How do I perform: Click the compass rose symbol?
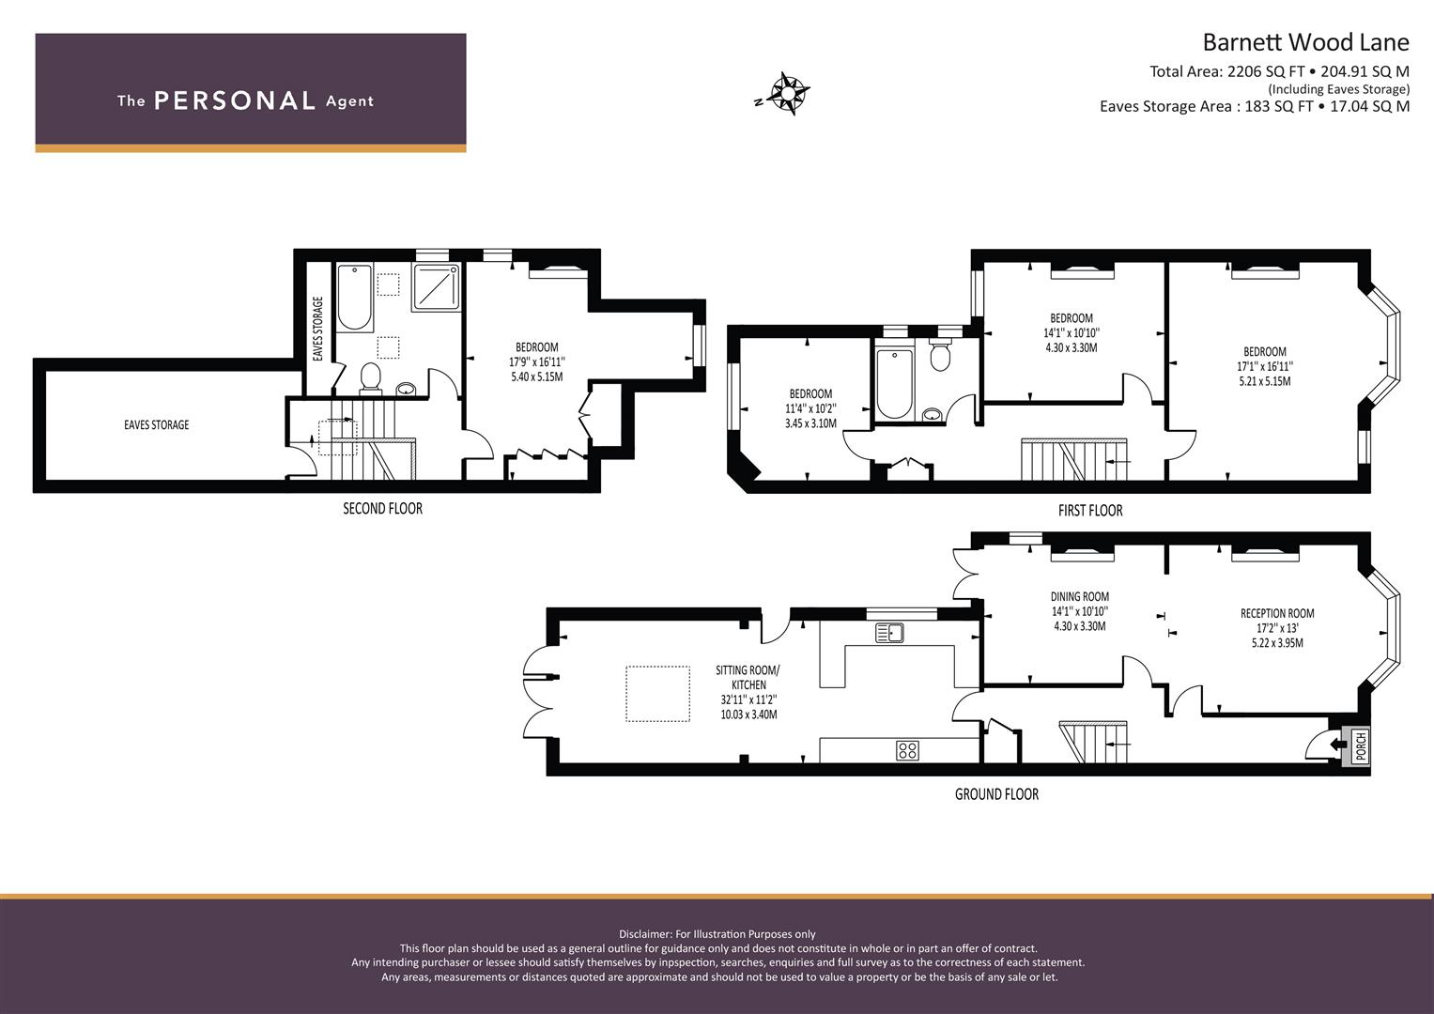pos(789,94)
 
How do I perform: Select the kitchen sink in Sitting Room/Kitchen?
pos(888,633)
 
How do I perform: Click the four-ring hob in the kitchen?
pos(907,749)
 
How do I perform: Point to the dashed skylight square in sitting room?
pos(657,693)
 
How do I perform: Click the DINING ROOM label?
pos(1079,596)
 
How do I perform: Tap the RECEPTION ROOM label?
pos(1276,613)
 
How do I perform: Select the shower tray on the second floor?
pos(437,286)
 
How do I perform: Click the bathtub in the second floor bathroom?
pos(355,298)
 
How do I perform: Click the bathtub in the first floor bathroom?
pos(893,383)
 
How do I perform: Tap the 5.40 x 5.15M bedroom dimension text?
pos(536,376)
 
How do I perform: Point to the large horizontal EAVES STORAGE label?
pos(156,425)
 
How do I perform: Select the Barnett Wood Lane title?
pos(1305,42)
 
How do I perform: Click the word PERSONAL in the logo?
pos(234,100)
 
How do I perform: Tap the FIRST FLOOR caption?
pos(1089,511)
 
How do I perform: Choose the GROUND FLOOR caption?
pos(996,794)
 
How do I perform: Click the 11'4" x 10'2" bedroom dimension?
pos(810,408)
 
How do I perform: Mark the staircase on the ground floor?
pos(1093,742)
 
